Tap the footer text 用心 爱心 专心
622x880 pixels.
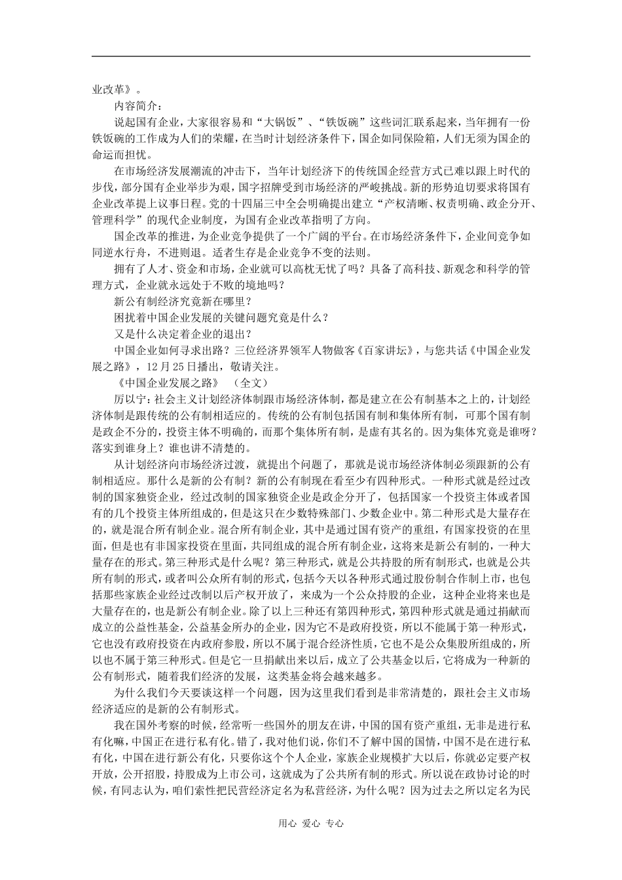click(x=310, y=824)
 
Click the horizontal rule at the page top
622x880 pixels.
click(x=310, y=56)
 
